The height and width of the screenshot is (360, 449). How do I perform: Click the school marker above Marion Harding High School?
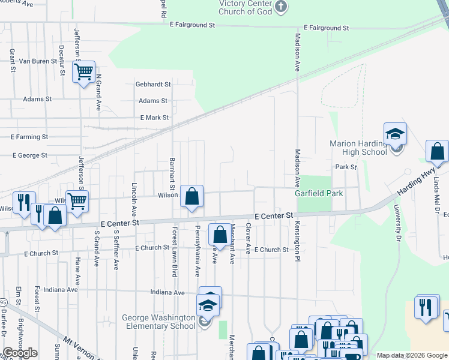[395, 134]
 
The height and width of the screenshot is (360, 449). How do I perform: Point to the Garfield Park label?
[318, 194]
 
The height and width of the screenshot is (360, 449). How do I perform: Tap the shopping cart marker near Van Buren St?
[84, 72]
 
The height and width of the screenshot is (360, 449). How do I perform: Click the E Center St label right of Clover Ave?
[273, 215]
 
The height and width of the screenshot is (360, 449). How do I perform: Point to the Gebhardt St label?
[153, 85]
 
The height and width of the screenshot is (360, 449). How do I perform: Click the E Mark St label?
[154, 118]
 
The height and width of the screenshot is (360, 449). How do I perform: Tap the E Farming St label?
[29, 137]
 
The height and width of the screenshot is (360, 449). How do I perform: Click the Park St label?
[346, 167]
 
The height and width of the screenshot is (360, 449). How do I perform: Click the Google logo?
[20, 353]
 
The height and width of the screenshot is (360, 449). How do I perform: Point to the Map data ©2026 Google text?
[412, 355]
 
